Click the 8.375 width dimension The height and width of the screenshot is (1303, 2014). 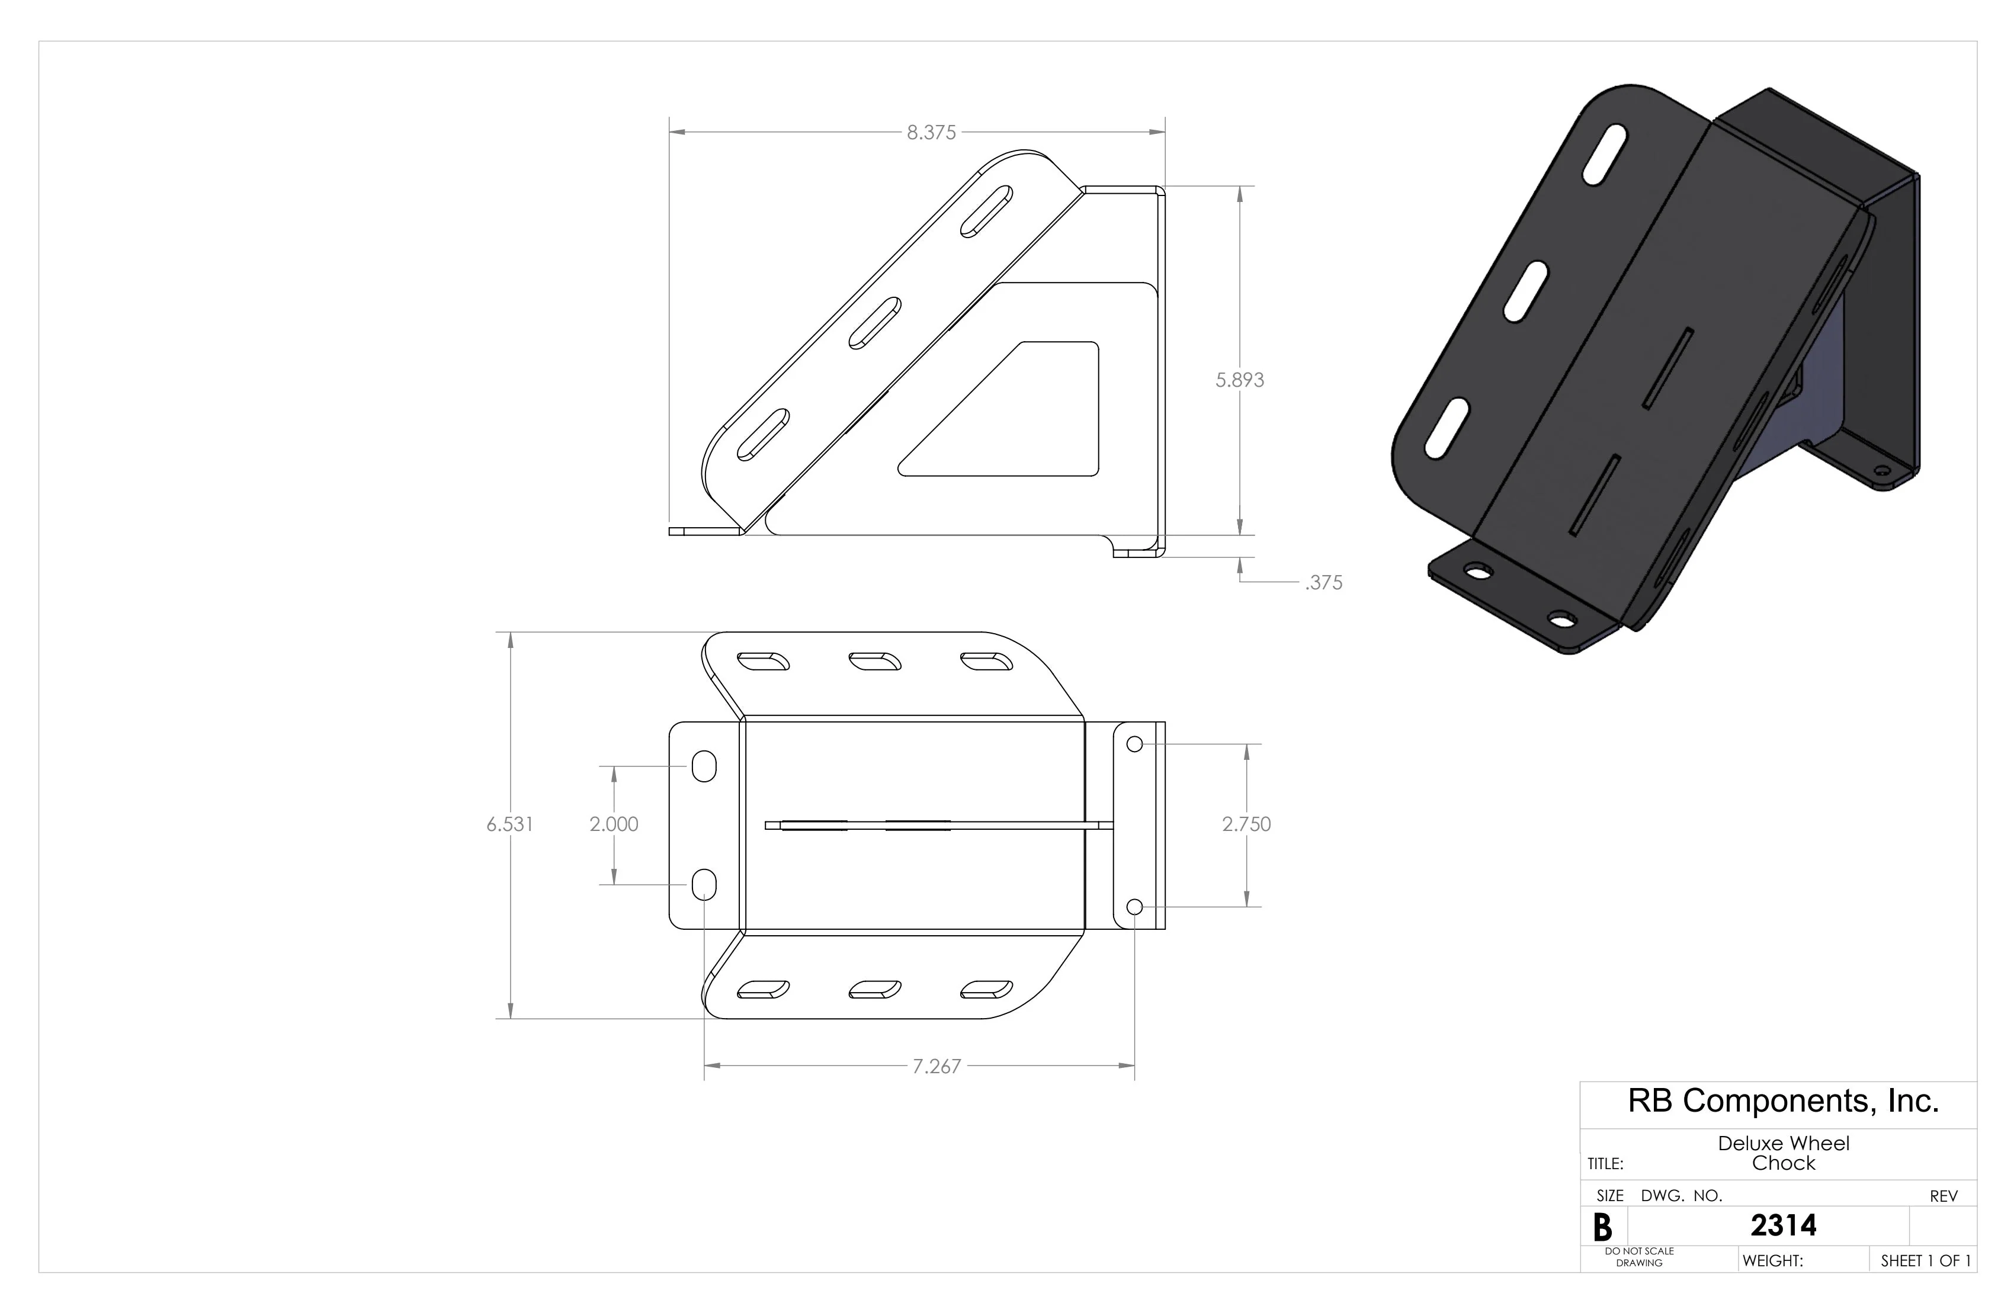(x=931, y=133)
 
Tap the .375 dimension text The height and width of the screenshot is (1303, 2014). (x=1323, y=583)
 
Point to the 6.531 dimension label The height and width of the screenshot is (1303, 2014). (x=509, y=824)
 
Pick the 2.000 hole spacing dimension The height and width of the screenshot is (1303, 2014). (x=614, y=824)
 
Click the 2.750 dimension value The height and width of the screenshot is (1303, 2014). (x=1246, y=824)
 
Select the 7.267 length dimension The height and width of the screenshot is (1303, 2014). (x=936, y=1067)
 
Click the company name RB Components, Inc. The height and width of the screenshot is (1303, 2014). (x=1783, y=1101)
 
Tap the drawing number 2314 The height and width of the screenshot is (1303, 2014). (x=1783, y=1225)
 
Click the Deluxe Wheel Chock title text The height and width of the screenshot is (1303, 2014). (x=1783, y=1153)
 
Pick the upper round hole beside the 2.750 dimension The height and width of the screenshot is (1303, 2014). (x=1135, y=744)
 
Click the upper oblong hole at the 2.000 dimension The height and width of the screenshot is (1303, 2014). (x=703, y=766)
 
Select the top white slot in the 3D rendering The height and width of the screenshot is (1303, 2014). (x=1605, y=155)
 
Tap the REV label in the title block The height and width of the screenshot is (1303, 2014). (x=1943, y=1196)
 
